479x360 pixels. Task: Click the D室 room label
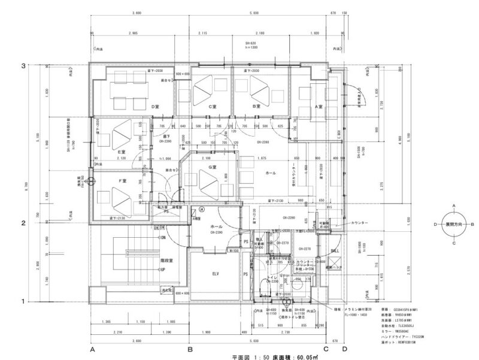[154, 107]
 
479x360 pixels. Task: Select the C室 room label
[211, 107]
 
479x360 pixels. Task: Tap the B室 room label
[256, 107]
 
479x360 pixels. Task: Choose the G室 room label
[211, 167]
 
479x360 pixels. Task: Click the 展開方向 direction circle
[454, 225]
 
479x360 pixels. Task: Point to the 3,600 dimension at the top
[139, 12]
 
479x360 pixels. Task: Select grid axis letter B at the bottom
[190, 349]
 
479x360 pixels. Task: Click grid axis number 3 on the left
[40, 65]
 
